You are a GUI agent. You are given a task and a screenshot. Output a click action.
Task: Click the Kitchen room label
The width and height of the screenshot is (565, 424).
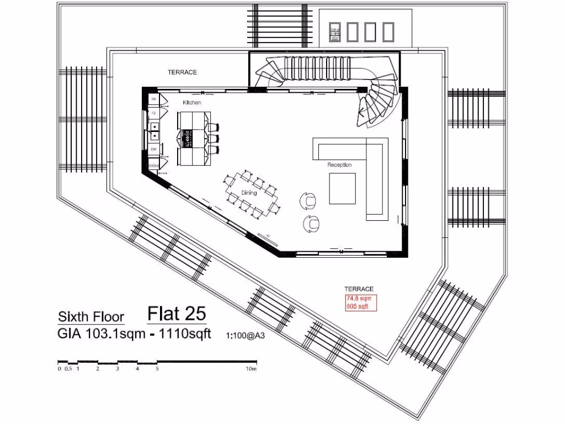(192, 103)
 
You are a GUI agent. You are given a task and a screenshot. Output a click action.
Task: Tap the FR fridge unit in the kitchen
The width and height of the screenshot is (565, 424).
(154, 99)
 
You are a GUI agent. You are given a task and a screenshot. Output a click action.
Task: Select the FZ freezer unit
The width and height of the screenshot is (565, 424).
(154, 113)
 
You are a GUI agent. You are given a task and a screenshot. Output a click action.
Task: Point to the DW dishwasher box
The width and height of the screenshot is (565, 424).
(154, 149)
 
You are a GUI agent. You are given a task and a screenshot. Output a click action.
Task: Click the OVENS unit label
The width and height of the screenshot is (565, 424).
(153, 166)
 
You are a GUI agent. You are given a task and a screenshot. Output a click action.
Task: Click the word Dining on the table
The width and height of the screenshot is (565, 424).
(249, 193)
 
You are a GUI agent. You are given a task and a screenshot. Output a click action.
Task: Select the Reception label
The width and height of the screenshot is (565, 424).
(339, 165)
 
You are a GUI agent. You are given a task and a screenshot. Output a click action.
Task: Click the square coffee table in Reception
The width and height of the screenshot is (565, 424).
(343, 188)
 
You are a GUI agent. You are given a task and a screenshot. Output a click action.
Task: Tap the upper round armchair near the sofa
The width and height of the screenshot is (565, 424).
(309, 200)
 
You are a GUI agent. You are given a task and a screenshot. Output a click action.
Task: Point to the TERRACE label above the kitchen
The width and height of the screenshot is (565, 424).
(182, 72)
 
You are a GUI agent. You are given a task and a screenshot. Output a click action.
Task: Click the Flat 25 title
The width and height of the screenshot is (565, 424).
(177, 314)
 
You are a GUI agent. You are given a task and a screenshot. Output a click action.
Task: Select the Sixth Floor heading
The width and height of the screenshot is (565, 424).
(91, 317)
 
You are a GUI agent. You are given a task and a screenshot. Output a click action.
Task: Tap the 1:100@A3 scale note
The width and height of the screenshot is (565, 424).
(243, 335)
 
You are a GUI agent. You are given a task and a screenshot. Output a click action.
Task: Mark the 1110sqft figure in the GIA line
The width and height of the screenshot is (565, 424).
(185, 333)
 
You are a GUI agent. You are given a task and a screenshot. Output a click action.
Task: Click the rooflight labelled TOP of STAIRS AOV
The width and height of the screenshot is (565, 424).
(334, 33)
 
